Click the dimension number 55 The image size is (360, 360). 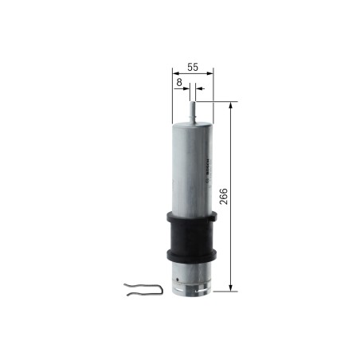(192, 68)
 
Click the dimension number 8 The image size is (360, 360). (181, 81)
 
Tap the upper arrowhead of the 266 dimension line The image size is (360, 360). (232, 106)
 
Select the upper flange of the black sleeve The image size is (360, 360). (191, 217)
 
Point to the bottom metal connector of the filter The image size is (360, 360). (192, 279)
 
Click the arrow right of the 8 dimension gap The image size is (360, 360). (198, 90)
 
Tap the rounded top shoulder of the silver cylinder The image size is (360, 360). (191, 123)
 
